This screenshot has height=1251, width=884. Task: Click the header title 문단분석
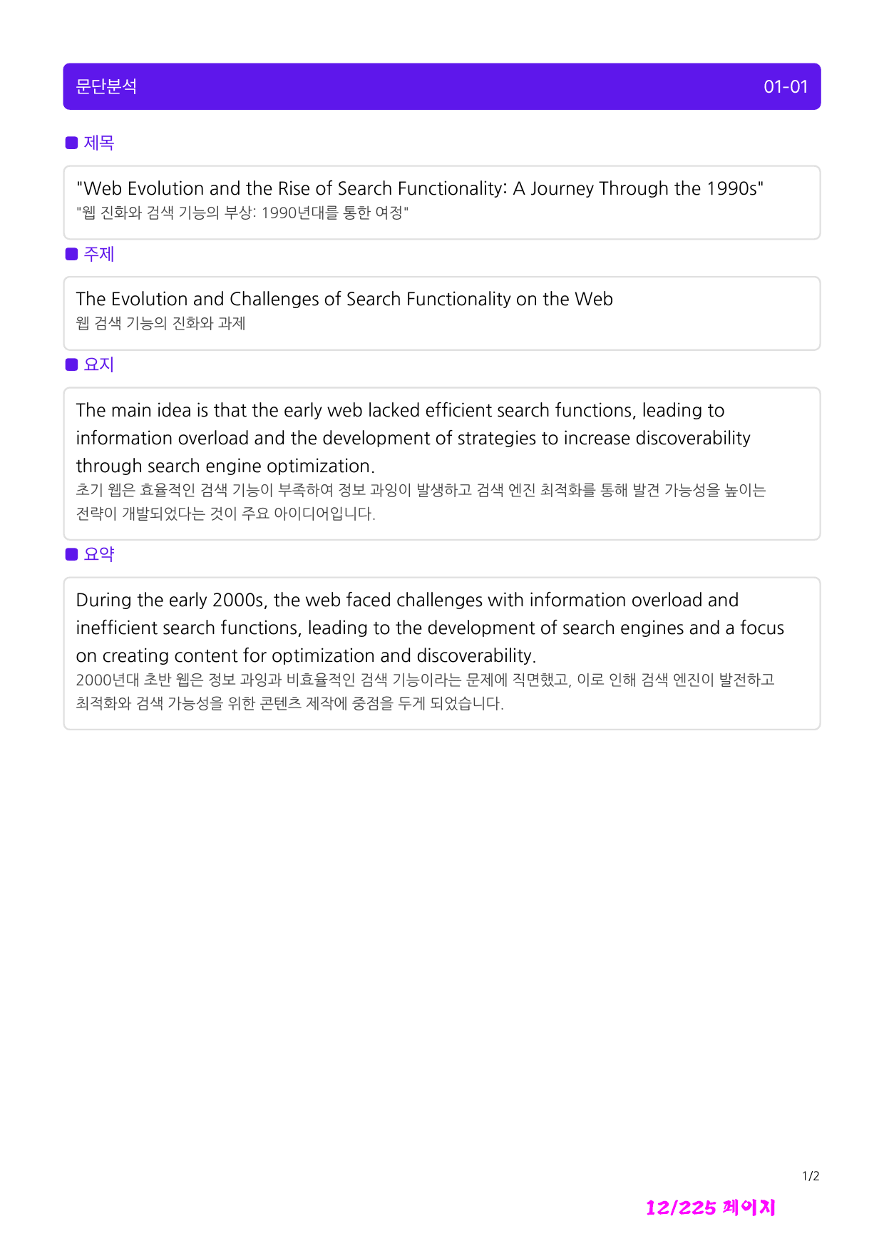106,86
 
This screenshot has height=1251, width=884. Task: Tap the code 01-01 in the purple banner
786,87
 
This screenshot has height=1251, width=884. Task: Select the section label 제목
99,143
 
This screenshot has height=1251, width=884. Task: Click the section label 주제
99,254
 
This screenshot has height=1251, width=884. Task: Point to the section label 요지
99,364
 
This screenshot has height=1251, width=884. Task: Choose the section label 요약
99,554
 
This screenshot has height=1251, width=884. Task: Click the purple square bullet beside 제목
71,143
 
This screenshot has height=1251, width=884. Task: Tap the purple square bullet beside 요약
71,554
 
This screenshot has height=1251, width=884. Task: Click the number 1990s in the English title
732,188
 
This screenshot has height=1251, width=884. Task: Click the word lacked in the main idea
394,410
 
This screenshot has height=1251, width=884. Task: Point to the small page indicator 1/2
811,1176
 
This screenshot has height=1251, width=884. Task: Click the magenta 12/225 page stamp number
680,1207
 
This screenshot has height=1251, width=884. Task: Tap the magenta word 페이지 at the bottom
748,1207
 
